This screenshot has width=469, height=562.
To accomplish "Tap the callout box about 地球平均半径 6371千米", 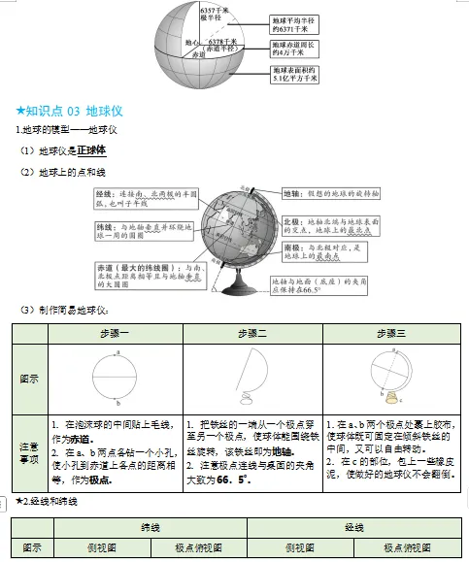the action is pos(293,22).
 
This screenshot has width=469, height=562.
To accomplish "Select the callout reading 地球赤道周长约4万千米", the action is pos(293,48).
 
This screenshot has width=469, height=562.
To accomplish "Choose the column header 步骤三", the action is pos(391,333).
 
